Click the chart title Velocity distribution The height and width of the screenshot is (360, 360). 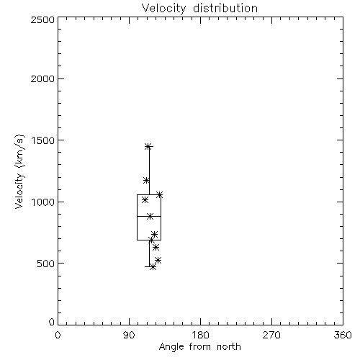tap(199, 8)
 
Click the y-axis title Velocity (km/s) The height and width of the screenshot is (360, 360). tap(19, 171)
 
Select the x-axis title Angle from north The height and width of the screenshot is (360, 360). tap(199, 347)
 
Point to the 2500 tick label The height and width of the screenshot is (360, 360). tap(42, 19)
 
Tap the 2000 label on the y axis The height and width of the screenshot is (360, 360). tap(42, 78)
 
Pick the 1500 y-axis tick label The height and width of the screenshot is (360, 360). tap(43, 140)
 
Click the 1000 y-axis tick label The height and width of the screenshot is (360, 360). tap(43, 202)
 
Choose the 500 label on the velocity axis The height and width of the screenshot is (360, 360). tap(45, 264)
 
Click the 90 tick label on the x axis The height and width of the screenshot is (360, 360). tap(129, 335)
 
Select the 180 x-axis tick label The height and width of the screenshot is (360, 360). tap(200, 335)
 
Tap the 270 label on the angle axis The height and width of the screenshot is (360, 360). tap(271, 335)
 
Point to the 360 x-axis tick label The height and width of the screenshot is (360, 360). tap(343, 335)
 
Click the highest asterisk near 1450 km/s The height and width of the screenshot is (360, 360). tap(148, 146)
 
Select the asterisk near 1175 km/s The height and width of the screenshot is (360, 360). tap(146, 180)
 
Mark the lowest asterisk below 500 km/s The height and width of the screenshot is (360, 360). tap(153, 267)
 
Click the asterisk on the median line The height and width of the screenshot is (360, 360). tap(150, 216)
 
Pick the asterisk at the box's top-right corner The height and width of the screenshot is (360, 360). tap(160, 194)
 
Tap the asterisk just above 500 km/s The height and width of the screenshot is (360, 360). tap(158, 260)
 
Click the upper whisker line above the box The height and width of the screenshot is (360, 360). tap(149, 171)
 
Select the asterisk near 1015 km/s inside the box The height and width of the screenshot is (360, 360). tap(145, 199)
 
